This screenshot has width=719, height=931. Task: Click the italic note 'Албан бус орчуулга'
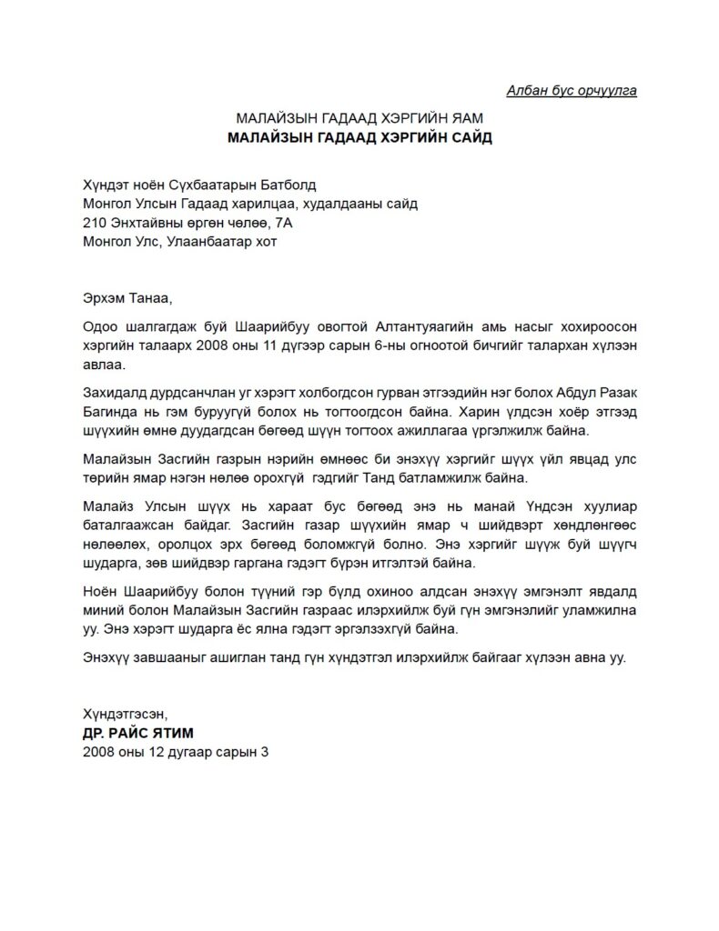coord(571,89)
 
